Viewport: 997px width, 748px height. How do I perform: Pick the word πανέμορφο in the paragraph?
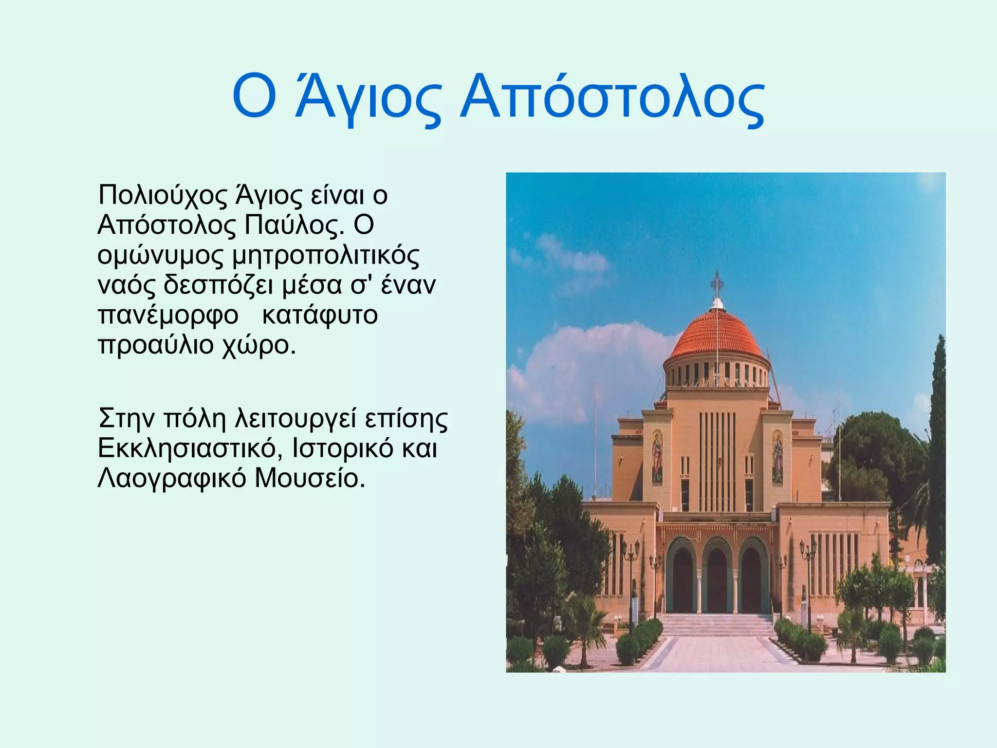coord(168,316)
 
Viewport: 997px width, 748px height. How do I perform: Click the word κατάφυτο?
coord(320,315)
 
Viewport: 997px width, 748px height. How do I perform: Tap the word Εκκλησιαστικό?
coord(190,448)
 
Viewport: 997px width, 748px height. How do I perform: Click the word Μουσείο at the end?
coord(310,478)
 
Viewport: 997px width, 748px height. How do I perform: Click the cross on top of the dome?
coord(717,284)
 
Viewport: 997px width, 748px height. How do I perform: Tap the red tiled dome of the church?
coord(717,334)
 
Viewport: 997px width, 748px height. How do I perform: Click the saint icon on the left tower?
coord(657,456)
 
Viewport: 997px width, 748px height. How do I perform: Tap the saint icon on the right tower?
coord(777,456)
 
